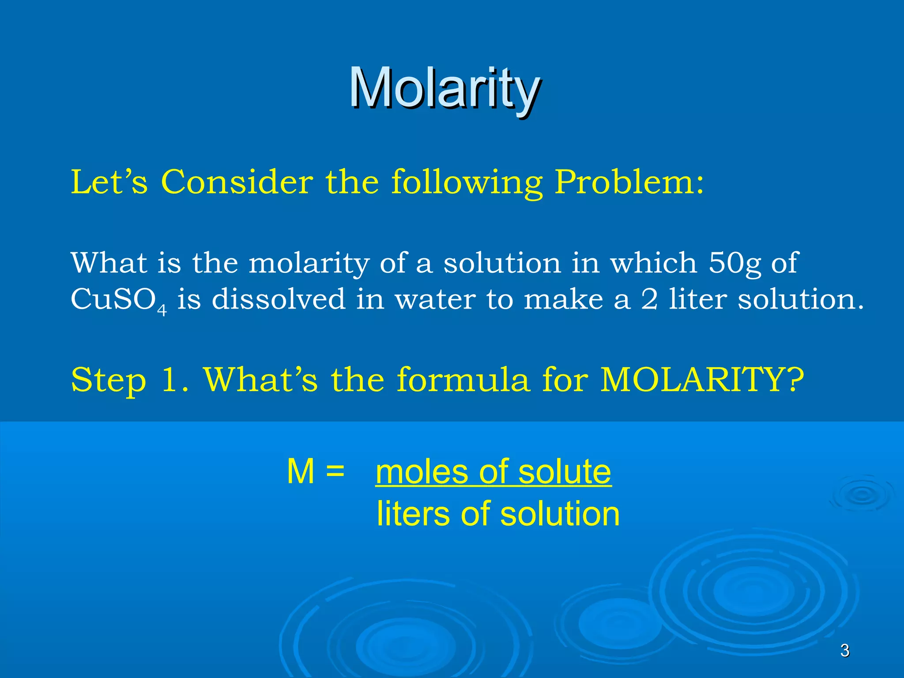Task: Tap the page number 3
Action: [x=844, y=650]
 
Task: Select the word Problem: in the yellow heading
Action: [x=629, y=182]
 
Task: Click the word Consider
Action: [x=237, y=182]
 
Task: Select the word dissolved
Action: [x=278, y=299]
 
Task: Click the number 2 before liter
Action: [x=649, y=299]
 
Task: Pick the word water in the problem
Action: [x=435, y=300]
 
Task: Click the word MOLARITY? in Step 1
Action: [x=702, y=380]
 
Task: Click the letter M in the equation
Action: [x=301, y=471]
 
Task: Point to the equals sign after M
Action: [x=335, y=471]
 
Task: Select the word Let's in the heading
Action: [x=109, y=182]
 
